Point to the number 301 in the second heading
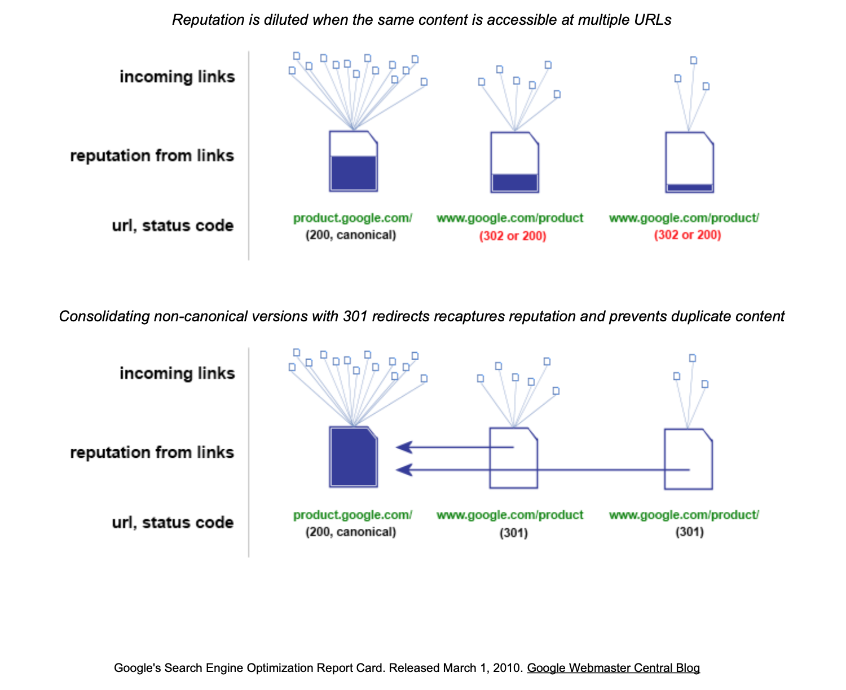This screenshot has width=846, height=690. [355, 316]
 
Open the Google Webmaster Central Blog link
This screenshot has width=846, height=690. [613, 667]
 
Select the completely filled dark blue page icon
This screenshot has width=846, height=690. [354, 457]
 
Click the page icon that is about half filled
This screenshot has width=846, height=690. [354, 161]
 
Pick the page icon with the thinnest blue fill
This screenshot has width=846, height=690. [690, 162]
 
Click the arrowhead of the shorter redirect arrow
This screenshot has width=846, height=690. [404, 447]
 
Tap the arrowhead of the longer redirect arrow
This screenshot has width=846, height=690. [404, 470]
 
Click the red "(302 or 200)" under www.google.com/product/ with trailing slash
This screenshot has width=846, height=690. [688, 235]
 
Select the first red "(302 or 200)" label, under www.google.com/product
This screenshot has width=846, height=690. [513, 235]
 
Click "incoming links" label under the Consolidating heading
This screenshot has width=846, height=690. [177, 373]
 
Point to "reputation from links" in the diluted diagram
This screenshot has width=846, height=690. [152, 155]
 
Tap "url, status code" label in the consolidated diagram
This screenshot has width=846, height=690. [173, 523]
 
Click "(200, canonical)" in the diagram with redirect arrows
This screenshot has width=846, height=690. [351, 532]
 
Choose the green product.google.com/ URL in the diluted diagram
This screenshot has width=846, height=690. [352, 218]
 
